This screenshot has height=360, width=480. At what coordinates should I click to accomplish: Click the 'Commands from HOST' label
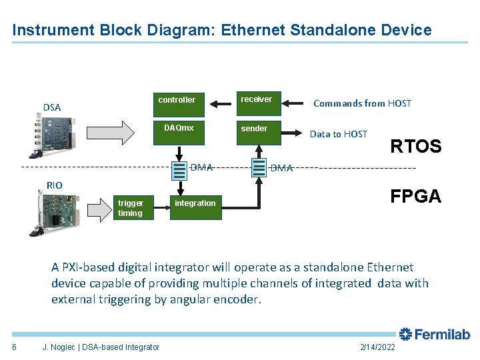[x=362, y=103]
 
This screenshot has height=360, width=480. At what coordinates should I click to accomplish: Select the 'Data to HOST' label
[x=338, y=134]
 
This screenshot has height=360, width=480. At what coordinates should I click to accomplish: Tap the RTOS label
[x=415, y=147]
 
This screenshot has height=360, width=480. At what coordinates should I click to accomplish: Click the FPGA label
[x=415, y=196]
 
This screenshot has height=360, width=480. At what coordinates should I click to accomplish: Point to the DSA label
[x=51, y=107]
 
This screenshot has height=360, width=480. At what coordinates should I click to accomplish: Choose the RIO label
[x=54, y=185]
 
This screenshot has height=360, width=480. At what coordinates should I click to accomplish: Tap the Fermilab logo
[x=434, y=335]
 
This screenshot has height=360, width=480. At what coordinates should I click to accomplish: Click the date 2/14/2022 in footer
[x=377, y=347]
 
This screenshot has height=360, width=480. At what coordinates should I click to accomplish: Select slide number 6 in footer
[x=14, y=347]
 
